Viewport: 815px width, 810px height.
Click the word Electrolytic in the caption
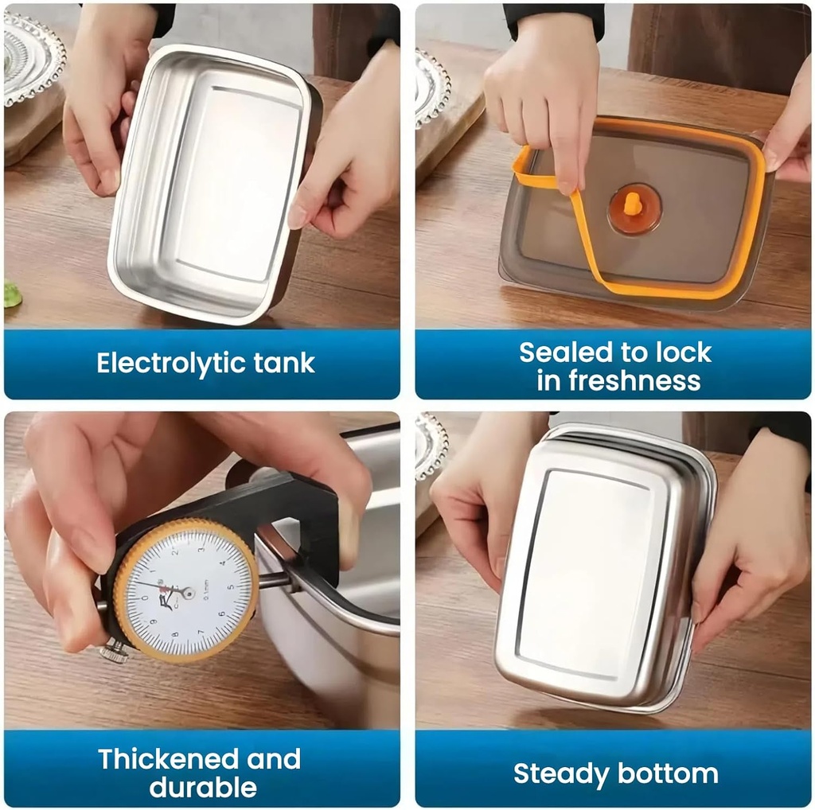pos(160,364)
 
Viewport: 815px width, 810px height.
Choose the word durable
pos(202,788)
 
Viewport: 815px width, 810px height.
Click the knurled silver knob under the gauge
pos(115,652)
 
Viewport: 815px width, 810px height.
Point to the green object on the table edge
pos(11,295)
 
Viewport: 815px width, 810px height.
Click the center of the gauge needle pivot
pos(188,592)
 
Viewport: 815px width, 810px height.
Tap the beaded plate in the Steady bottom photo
pos(431,446)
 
